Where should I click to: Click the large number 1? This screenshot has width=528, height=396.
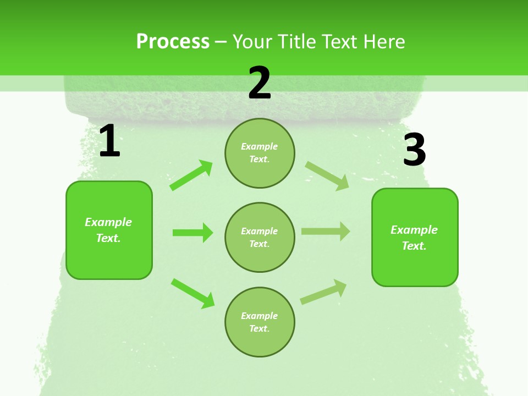point(109,141)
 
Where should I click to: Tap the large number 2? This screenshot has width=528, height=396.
point(260,83)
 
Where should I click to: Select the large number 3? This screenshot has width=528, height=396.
point(414,150)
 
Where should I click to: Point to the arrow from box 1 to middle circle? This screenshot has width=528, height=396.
point(193,233)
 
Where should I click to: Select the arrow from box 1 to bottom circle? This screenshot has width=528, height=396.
point(193,293)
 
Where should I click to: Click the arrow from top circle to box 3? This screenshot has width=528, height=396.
point(327,175)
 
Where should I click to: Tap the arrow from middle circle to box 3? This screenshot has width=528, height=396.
point(326,232)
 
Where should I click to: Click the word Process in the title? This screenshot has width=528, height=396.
point(173,41)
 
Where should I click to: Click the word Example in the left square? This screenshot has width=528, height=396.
point(108,222)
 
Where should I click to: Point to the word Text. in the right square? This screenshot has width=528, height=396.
point(414,246)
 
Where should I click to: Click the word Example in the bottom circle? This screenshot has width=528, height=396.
point(260,316)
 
